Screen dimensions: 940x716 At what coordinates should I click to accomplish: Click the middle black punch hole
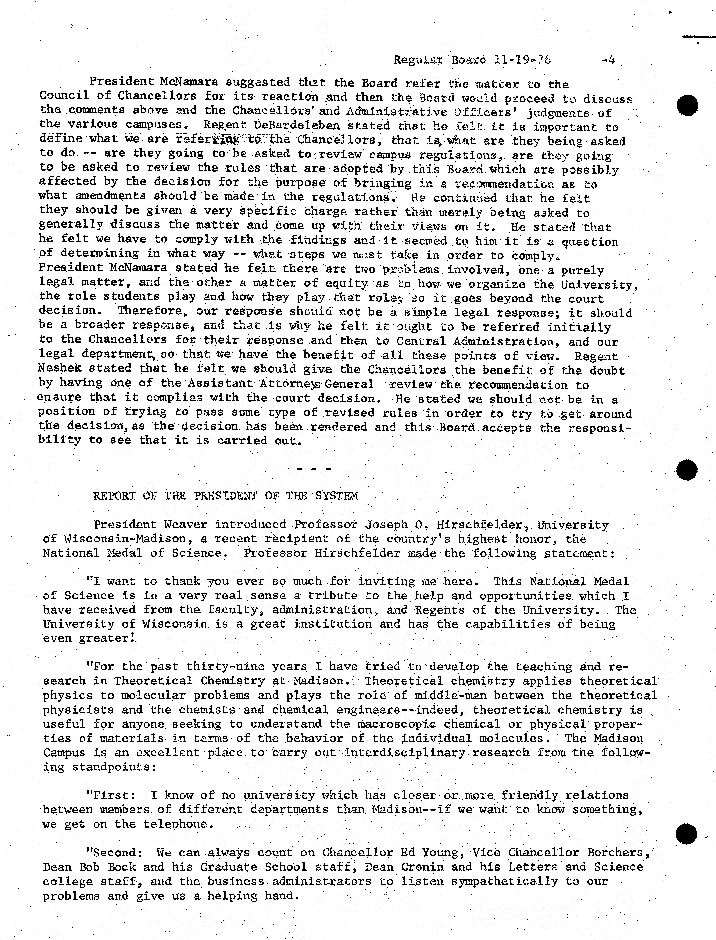point(687,470)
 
